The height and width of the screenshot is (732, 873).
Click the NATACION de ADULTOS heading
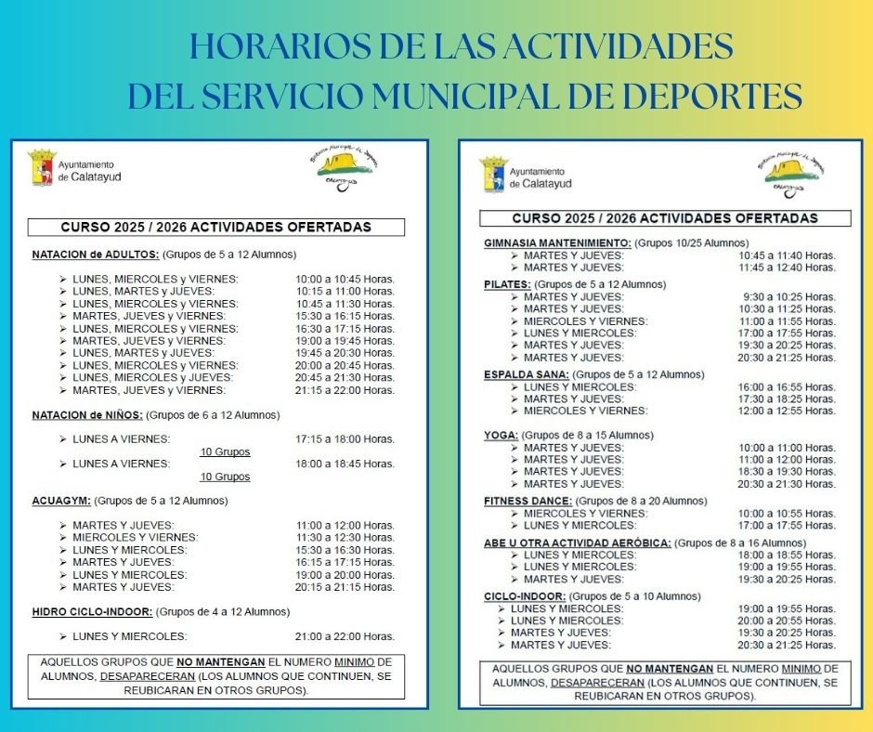click(x=96, y=255)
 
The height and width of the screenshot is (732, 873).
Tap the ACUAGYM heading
click(x=61, y=501)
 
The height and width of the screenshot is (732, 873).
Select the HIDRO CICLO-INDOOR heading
click(x=92, y=612)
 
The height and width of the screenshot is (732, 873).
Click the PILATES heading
click(x=507, y=284)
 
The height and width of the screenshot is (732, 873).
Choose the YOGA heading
click(x=500, y=435)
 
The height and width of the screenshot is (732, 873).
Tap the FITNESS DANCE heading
click(x=527, y=501)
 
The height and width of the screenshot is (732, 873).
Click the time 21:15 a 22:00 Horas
click(x=345, y=391)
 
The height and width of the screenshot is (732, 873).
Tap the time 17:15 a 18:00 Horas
click(x=345, y=439)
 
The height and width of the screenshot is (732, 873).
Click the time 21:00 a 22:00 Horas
click(x=345, y=636)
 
